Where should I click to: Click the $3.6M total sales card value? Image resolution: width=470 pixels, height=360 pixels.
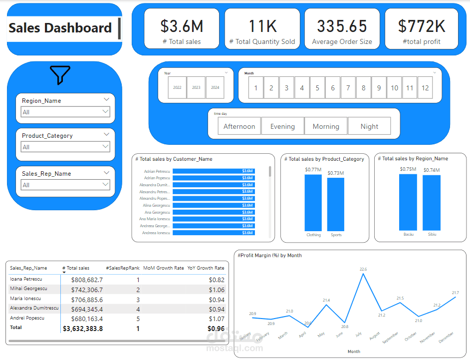pos(182,26)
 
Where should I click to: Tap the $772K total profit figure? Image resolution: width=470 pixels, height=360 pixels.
pos(422,26)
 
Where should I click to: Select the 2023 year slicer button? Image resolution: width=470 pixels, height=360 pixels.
pos(196,87)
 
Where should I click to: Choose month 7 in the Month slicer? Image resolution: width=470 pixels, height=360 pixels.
pos(348,88)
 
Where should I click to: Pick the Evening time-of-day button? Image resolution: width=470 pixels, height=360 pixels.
pos(282,126)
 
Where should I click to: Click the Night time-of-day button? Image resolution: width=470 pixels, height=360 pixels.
pos(369,126)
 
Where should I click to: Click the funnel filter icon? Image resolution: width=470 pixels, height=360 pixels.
pos(60,75)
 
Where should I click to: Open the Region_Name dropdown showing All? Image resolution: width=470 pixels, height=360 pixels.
pos(65,112)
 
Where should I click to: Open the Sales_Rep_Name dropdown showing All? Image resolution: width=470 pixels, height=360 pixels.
pos(65,185)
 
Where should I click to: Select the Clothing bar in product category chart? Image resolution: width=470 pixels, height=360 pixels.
pos(313,202)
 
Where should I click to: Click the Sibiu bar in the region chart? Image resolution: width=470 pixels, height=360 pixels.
pos(432,202)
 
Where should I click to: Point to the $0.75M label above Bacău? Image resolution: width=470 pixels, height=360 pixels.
pos(408,169)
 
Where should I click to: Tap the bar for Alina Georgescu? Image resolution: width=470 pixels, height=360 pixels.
pos(214,205)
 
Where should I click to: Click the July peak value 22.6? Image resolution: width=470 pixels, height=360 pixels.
pos(363,269)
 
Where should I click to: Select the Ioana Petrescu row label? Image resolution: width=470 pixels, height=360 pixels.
pos(26,279)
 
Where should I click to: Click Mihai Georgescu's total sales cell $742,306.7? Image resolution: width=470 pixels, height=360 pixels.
pos(87,290)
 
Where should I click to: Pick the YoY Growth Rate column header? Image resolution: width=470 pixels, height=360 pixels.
pos(206,268)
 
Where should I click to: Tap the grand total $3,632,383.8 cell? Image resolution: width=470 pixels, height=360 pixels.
pos(83,329)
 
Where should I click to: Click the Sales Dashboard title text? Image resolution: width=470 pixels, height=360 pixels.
pos(60,28)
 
